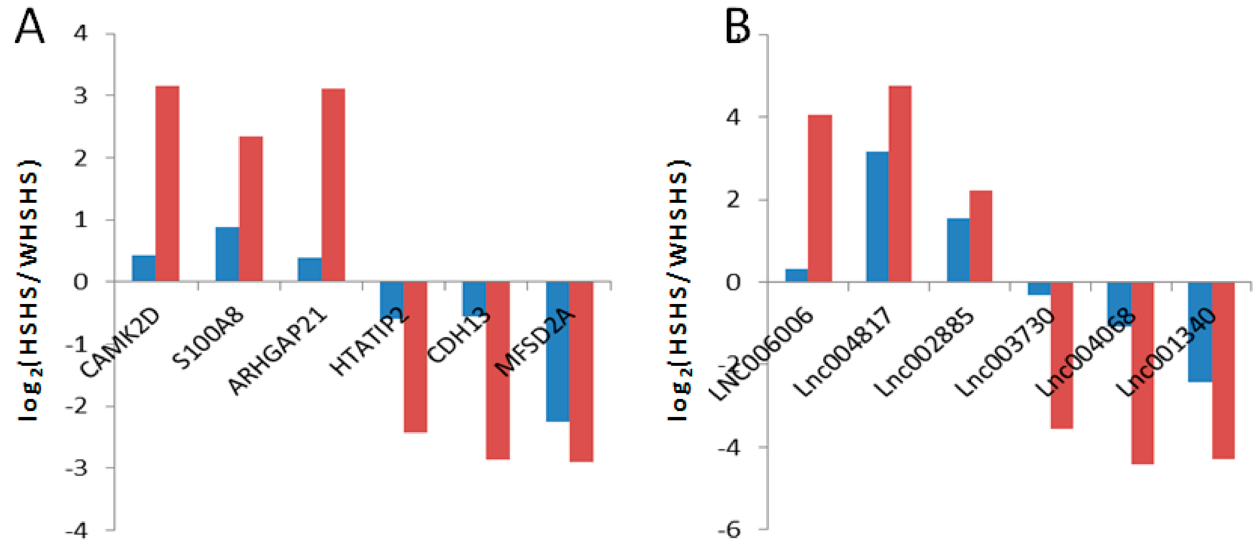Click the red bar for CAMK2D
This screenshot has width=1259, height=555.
[167, 183]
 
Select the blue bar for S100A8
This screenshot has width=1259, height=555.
[227, 254]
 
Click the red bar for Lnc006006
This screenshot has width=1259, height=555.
[819, 198]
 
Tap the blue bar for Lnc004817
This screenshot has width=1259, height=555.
[877, 216]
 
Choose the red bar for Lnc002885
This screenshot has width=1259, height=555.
[981, 236]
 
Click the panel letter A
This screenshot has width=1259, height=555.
[29, 27]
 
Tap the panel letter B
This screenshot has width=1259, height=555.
[737, 27]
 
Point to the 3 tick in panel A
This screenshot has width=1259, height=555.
[81, 96]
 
